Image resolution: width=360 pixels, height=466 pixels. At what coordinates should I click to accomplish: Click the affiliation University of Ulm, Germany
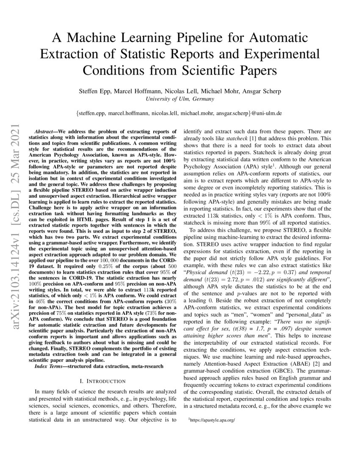(x=180, y=99)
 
